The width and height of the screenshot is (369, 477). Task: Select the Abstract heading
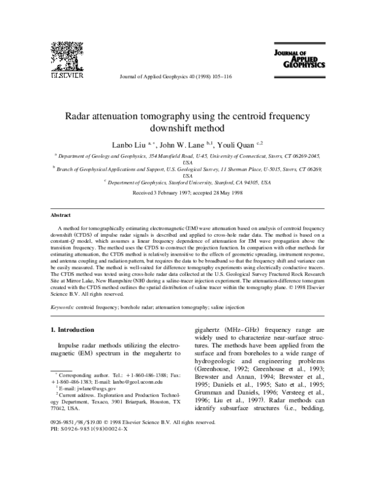pyautogui.click(x=61, y=217)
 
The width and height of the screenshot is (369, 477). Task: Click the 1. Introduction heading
pyautogui.click(x=73, y=329)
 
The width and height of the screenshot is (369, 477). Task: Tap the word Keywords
pyautogui.click(x=63, y=306)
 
